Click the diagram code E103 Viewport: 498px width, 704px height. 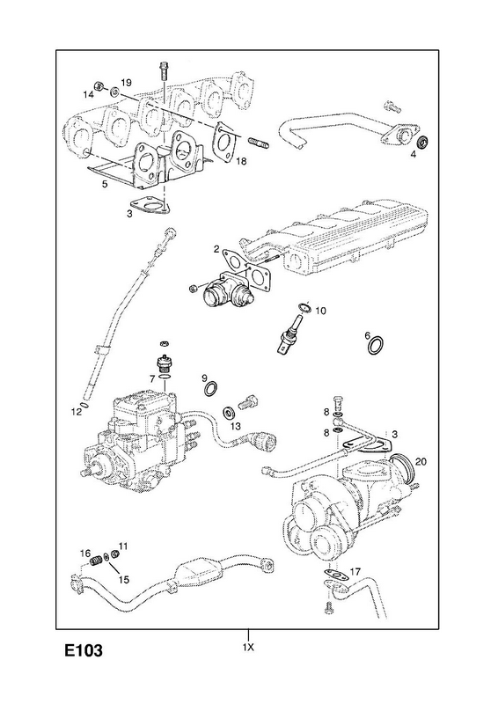[x=84, y=650]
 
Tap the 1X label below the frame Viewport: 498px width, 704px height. [x=248, y=648]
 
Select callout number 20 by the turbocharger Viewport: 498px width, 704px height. [x=421, y=461]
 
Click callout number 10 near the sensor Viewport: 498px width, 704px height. [x=320, y=311]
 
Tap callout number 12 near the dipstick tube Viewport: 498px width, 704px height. [x=77, y=411]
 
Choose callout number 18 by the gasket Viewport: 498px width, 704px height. [x=241, y=161]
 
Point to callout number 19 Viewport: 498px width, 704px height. [x=126, y=83]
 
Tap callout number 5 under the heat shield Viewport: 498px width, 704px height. [x=105, y=184]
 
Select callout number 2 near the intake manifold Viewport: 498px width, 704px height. [x=216, y=249]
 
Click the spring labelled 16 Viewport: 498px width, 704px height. [x=96, y=561]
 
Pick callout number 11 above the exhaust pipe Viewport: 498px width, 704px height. [x=123, y=546]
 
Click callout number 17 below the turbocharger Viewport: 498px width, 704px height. [x=355, y=571]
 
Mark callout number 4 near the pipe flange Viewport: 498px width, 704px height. [x=414, y=155]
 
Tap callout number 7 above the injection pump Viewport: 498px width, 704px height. [x=152, y=379]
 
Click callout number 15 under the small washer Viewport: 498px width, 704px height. [x=124, y=580]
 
